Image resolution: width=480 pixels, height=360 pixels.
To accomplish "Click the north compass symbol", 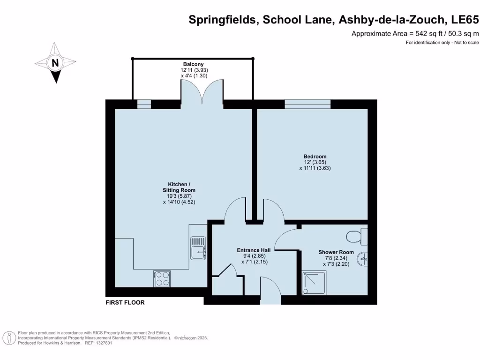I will [x=55, y=63].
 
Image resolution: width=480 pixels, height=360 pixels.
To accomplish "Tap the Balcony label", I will [x=193, y=64].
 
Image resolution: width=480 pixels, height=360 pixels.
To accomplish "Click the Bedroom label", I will [x=315, y=157].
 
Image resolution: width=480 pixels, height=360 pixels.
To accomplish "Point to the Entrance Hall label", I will [x=254, y=250].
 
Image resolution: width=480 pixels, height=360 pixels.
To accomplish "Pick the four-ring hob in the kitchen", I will [x=162, y=279].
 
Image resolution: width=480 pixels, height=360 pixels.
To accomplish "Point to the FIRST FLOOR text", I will [x=125, y=303].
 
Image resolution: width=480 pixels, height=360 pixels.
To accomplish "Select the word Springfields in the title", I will [x=223, y=20].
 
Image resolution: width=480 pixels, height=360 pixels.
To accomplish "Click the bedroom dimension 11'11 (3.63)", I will [x=315, y=168].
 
